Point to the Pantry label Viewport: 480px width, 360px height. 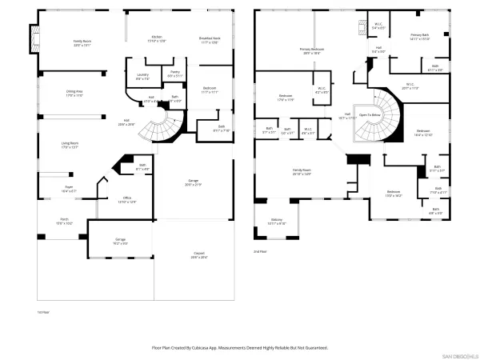click(174, 74)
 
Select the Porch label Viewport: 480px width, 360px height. click(63, 222)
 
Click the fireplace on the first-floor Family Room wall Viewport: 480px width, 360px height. click(34, 37)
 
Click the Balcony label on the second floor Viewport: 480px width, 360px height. click(276, 221)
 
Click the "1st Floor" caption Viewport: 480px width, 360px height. click(44, 311)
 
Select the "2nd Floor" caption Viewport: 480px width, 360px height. click(260, 250)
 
